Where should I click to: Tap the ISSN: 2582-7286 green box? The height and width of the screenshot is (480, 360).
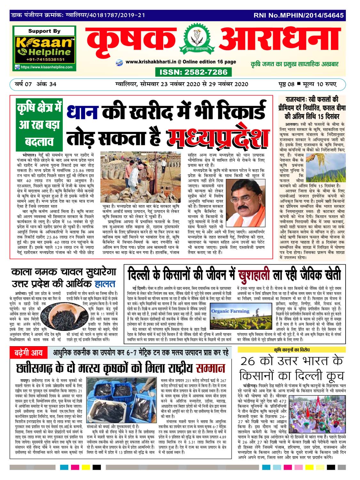[x=194, y=72]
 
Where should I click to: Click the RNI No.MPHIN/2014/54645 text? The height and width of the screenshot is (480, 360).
[x=299, y=15]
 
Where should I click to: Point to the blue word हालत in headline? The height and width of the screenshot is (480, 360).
[x=105, y=284]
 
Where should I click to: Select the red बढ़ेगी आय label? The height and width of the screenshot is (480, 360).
[x=28, y=353]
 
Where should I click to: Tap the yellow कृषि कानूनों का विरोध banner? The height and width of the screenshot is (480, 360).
[x=292, y=350]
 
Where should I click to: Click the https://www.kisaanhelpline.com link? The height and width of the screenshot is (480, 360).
[x=44, y=67]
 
